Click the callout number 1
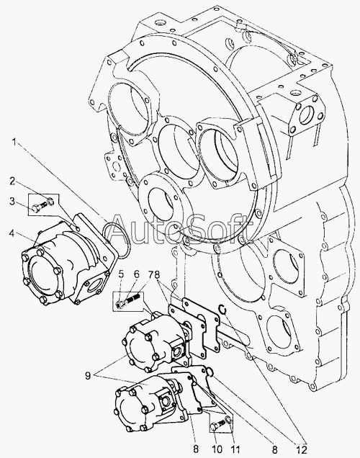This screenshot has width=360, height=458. (x=14, y=143)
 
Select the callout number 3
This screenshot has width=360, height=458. (x=12, y=201)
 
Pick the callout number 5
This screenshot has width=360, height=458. (x=121, y=274)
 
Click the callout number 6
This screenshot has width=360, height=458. (x=137, y=274)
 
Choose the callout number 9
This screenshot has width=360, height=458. (x=88, y=376)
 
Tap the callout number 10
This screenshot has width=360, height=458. (x=217, y=449)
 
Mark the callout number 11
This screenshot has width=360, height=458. (x=235, y=449)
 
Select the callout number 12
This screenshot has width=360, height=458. (x=302, y=449)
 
